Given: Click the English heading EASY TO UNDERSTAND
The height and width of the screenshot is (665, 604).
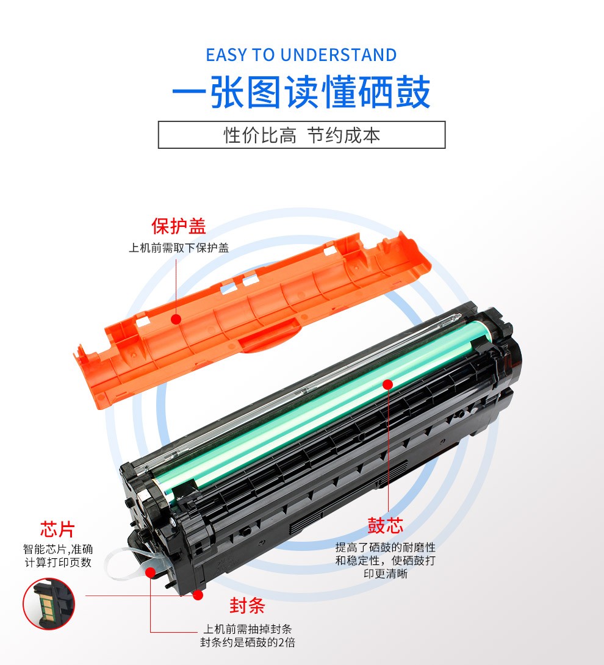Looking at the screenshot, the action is click(301, 55).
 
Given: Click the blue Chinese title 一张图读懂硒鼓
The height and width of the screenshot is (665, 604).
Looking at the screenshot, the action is click(301, 92).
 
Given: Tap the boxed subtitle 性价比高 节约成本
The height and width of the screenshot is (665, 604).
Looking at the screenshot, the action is click(301, 135).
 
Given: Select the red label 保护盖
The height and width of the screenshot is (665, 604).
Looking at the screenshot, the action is click(179, 226).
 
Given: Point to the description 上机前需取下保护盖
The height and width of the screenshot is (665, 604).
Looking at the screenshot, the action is click(179, 248).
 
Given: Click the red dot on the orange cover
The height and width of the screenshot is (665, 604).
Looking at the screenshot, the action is click(176, 319).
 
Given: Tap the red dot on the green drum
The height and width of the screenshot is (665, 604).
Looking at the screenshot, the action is click(387, 384).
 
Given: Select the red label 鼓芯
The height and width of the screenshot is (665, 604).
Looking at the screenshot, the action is click(385, 525).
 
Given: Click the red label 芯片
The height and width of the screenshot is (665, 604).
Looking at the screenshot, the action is click(57, 530).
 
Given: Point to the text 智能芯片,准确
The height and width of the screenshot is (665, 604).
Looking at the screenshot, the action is click(58, 549).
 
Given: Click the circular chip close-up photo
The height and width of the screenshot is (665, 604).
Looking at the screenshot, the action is click(49, 603).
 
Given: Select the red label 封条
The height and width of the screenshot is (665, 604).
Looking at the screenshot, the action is click(247, 605).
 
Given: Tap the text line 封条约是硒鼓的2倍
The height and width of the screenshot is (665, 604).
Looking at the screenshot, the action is click(247, 642).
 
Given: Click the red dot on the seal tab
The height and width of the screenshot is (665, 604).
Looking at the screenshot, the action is click(150, 572).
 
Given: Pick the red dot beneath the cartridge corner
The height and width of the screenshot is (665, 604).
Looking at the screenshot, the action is click(198, 595).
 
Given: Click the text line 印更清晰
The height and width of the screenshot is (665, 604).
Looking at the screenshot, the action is click(386, 574).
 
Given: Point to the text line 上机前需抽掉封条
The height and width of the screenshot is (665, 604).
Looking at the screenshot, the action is click(247, 629).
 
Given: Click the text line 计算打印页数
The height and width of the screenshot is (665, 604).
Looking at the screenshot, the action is click(58, 563).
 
